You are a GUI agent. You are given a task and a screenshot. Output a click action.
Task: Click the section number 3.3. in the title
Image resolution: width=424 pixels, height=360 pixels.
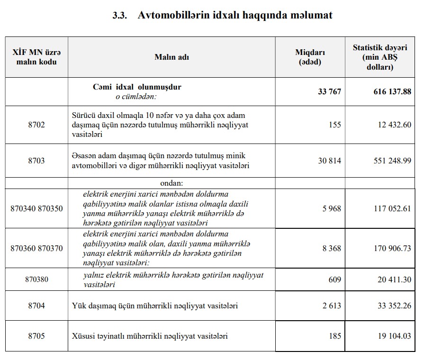click(x=120, y=15)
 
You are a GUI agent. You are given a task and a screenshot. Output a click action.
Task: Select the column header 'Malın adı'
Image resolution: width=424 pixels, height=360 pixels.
click(x=171, y=57)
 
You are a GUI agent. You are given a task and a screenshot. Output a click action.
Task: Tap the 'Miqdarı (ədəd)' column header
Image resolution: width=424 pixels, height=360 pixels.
click(x=310, y=57)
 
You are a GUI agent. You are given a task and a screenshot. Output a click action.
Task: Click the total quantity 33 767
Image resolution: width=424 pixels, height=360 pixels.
click(x=329, y=91)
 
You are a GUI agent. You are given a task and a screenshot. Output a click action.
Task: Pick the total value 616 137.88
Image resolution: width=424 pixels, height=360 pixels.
click(x=392, y=91)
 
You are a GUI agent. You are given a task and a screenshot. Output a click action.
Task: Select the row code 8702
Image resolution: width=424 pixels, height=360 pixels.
click(x=36, y=125)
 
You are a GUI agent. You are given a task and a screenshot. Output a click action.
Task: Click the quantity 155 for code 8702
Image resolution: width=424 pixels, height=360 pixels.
click(x=334, y=125)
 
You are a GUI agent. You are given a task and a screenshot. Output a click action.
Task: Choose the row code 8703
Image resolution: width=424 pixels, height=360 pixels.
click(x=36, y=161)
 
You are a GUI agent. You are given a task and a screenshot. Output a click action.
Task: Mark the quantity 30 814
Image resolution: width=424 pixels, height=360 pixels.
click(x=329, y=161)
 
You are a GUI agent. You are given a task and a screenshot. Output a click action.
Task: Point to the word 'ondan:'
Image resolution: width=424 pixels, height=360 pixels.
click(x=171, y=183)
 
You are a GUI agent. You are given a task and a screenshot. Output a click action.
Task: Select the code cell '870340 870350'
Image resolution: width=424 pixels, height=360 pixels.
click(x=36, y=208)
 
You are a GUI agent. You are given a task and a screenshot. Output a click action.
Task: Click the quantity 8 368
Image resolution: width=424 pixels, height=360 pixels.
click(x=332, y=248)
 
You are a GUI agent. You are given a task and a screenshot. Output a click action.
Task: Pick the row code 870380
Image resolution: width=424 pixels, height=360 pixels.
click(x=36, y=279)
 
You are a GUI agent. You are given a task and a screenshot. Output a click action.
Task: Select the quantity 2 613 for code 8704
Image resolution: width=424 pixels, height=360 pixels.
click(x=332, y=306)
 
